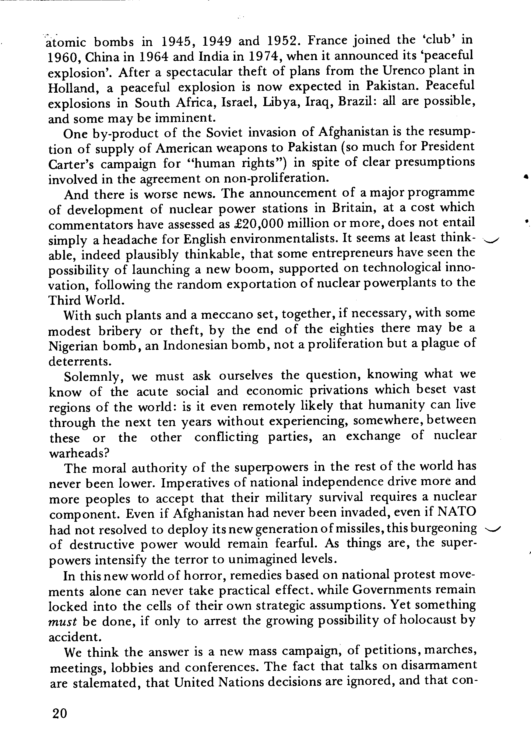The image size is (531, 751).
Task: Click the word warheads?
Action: pyautogui.click(x=79, y=453)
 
